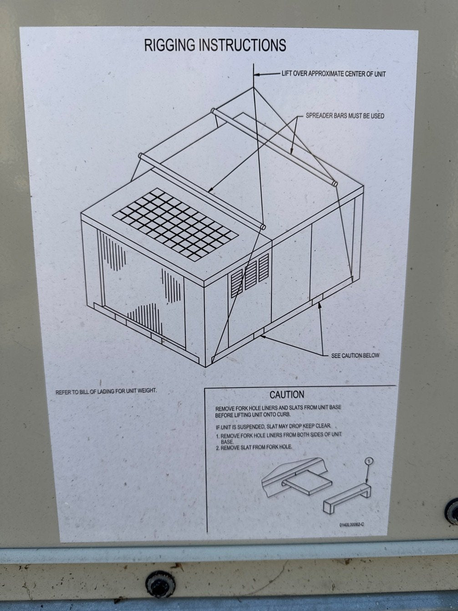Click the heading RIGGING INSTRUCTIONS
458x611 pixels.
(x=215, y=45)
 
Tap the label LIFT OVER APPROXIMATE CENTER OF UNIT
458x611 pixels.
(x=334, y=74)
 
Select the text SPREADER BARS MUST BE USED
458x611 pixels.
(x=345, y=116)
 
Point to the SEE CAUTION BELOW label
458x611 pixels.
(x=355, y=356)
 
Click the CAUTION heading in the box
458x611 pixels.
(x=287, y=394)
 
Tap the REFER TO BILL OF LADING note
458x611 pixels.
(x=106, y=391)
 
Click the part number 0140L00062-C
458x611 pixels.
(x=352, y=524)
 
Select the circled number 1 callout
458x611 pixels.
(x=369, y=462)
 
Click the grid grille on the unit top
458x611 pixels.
(x=175, y=224)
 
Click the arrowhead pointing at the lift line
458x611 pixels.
(x=257, y=74)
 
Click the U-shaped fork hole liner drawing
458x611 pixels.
(x=347, y=499)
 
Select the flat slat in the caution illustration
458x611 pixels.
(x=307, y=483)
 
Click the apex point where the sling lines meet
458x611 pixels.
(x=254, y=87)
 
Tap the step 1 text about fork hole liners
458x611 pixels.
(x=279, y=438)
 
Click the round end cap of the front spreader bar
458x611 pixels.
(x=262, y=226)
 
